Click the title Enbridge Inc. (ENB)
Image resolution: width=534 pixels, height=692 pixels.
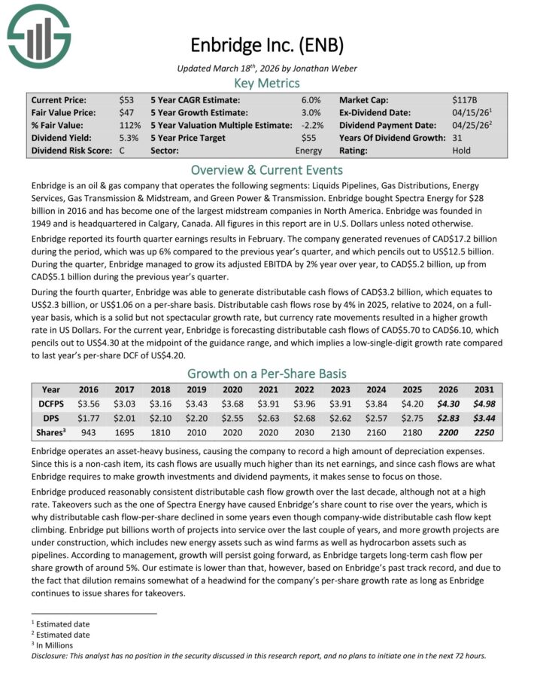pyautogui.click(x=268, y=45)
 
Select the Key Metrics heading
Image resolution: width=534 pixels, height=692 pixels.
pyautogui.click(x=267, y=83)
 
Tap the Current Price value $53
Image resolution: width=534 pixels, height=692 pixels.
pyautogui.click(x=127, y=99)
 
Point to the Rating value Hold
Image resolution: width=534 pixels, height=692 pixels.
pyautogui.click(x=463, y=151)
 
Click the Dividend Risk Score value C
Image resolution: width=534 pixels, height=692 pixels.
pyautogui.click(x=122, y=151)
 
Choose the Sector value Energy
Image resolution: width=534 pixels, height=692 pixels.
pyautogui.click(x=308, y=151)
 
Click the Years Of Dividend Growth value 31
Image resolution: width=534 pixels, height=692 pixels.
pyautogui.click(x=458, y=138)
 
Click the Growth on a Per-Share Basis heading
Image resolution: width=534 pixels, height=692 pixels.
pyautogui.click(x=267, y=373)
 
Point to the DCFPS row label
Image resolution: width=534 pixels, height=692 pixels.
pyautogui.click(x=52, y=404)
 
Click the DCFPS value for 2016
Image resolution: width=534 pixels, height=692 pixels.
pyautogui.click(x=89, y=404)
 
